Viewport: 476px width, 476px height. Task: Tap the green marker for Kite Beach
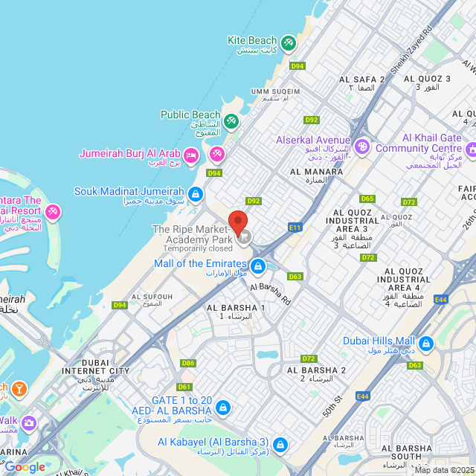289,44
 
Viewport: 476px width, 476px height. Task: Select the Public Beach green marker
231,120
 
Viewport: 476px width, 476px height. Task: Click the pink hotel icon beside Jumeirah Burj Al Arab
191,155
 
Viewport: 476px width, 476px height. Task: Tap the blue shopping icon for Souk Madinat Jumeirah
195,194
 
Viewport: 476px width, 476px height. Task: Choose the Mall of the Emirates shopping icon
258,266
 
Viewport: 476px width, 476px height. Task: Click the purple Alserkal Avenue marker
361,145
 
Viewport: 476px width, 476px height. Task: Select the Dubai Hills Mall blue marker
426,344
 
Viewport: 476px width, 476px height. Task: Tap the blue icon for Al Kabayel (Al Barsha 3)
280,445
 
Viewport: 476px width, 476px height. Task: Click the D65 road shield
367,199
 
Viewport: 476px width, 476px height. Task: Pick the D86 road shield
188,363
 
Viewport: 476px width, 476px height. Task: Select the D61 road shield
184,387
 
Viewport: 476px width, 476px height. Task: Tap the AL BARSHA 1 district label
236,308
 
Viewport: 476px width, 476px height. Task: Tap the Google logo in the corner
25,466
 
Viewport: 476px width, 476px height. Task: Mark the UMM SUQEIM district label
275,91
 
